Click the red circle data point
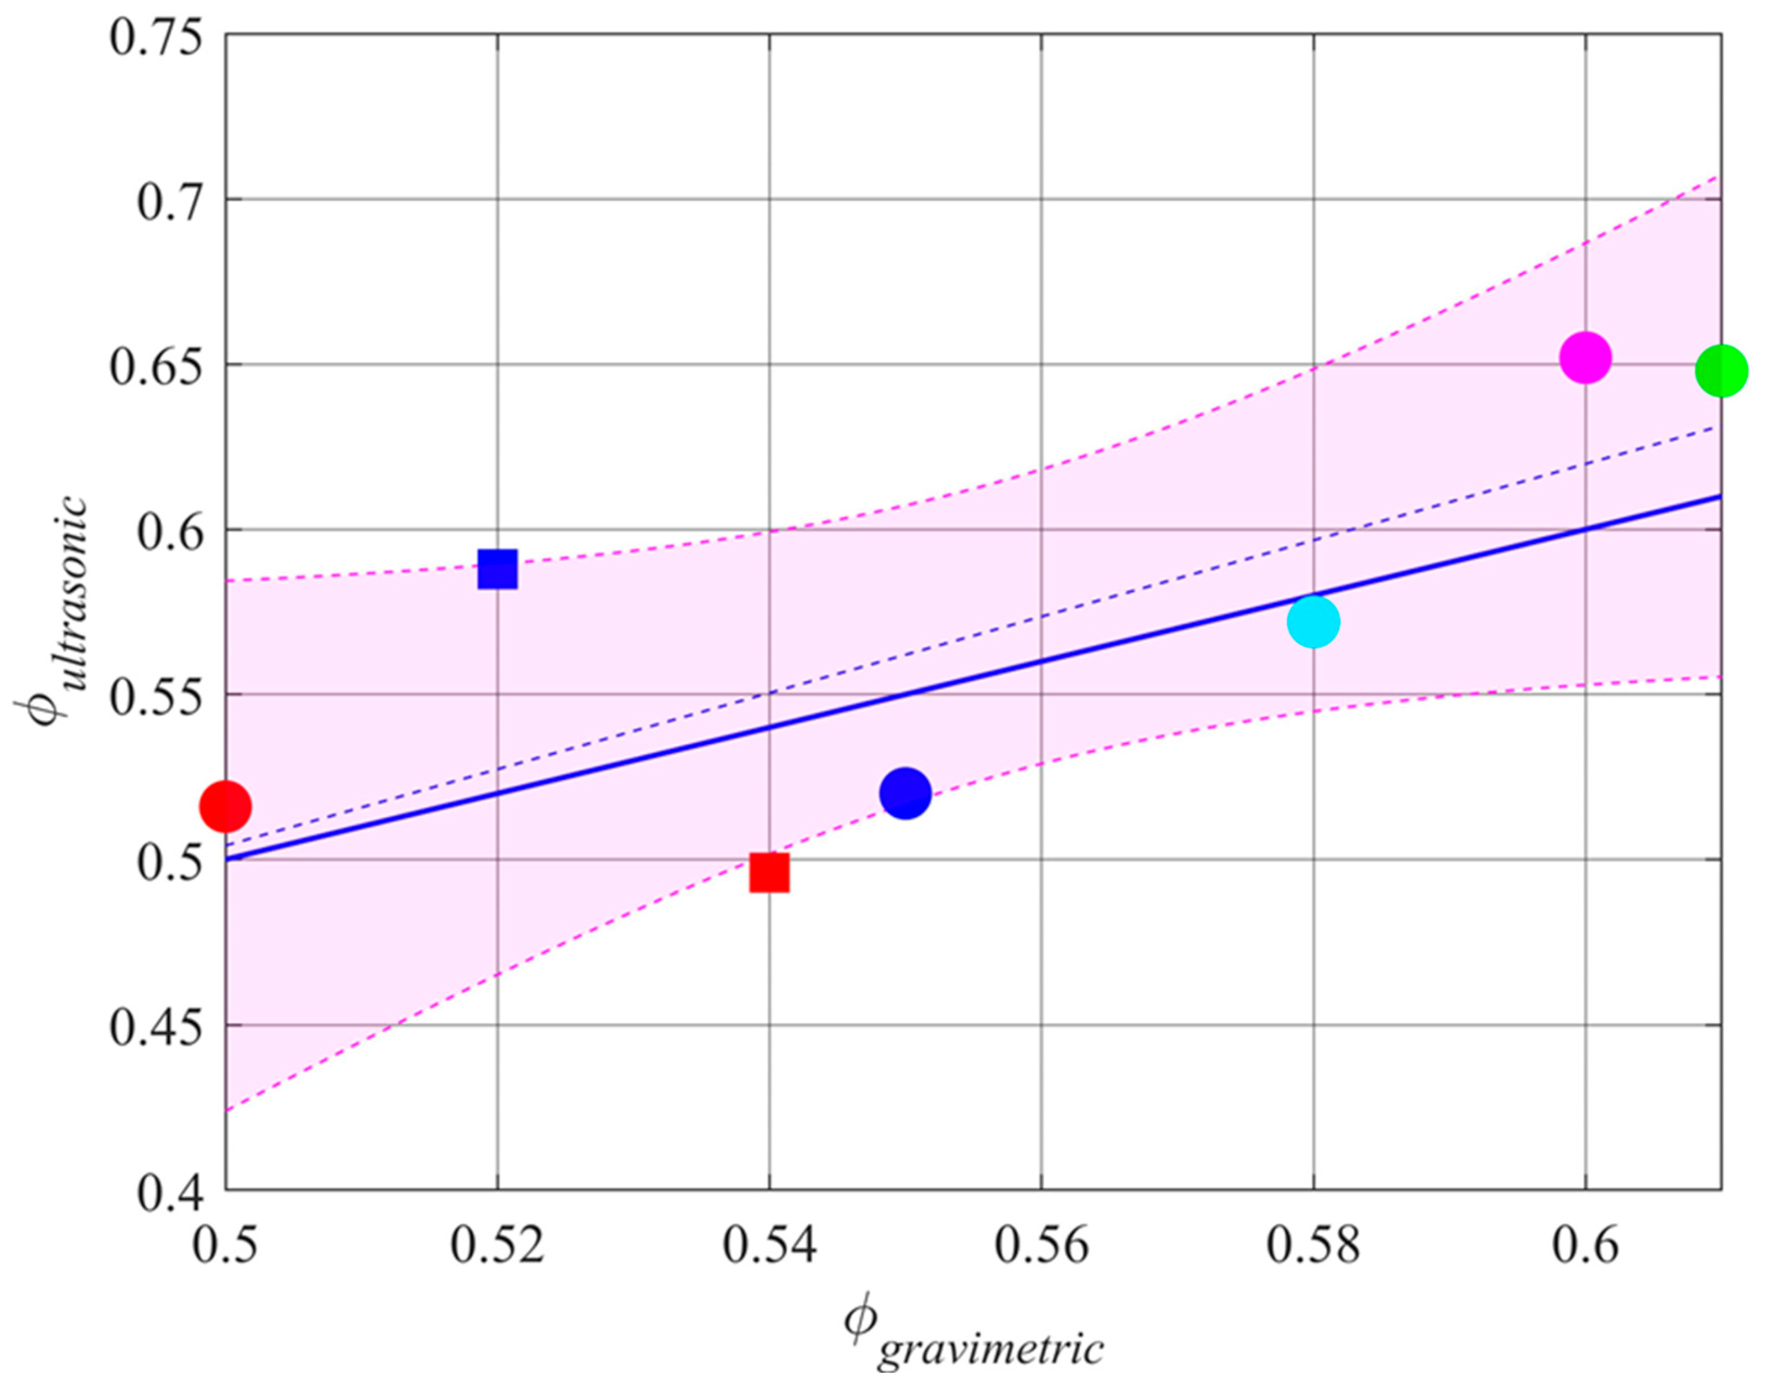point(225,806)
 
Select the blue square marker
point(497,569)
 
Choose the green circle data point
point(1721,370)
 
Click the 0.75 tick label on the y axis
point(156,38)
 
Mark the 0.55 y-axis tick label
point(156,696)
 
